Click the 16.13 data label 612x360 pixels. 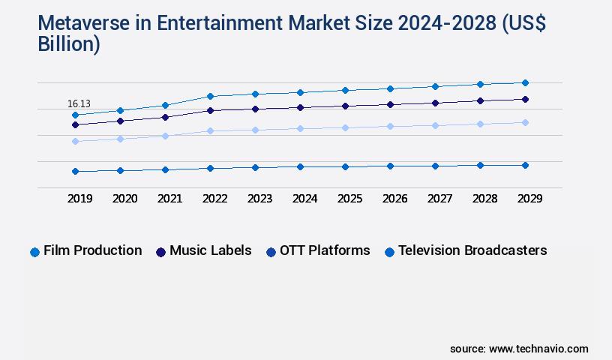[79, 103]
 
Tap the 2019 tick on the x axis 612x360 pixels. [79, 199]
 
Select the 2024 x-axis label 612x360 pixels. [304, 199]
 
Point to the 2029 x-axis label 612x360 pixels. [529, 199]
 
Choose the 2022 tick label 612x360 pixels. [214, 199]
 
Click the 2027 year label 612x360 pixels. [439, 199]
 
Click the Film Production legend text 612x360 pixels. [92, 250]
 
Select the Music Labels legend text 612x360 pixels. [210, 250]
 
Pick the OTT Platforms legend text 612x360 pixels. [325, 250]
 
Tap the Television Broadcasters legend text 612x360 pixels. [472, 250]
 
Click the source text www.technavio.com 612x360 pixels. [538, 349]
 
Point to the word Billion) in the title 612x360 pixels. [69, 44]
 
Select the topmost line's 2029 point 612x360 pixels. [525, 82]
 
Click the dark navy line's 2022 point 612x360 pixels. [210, 110]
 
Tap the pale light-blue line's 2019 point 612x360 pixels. [75, 141]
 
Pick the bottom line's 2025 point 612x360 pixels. [345, 166]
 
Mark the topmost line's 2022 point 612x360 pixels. [210, 96]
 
